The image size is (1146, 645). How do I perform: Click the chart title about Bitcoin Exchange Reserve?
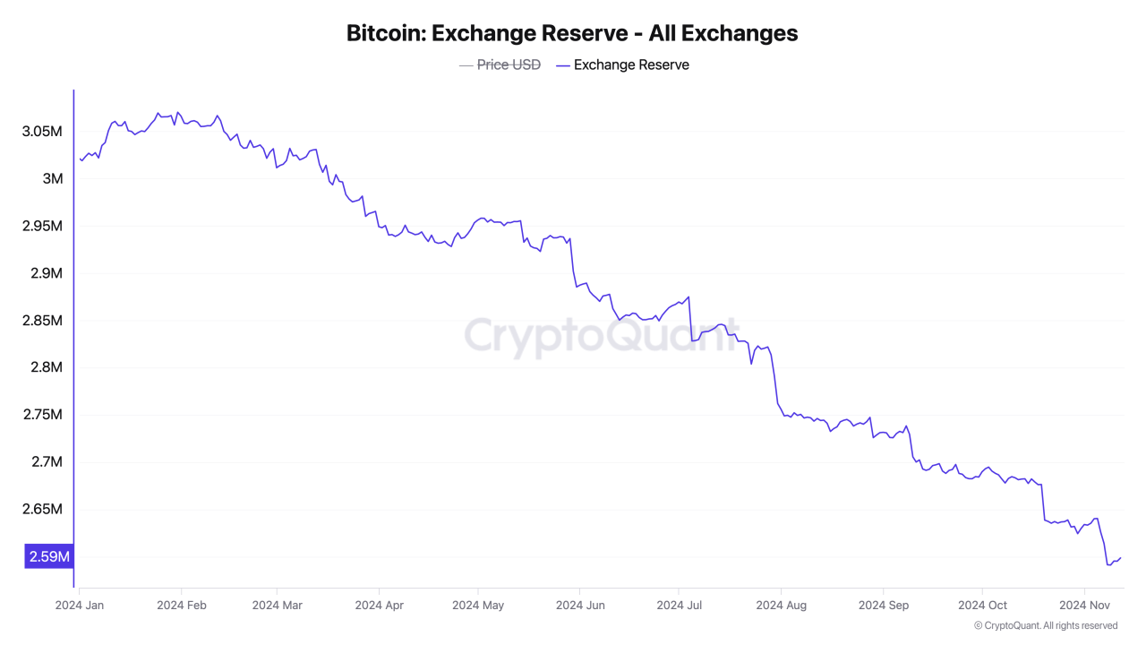point(572,33)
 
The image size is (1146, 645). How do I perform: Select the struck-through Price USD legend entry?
point(508,64)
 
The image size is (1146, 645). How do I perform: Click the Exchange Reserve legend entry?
point(630,64)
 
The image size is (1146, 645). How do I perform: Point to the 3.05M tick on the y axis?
point(42,132)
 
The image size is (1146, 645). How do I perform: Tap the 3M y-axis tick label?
point(52,179)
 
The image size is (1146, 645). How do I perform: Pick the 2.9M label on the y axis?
point(46,273)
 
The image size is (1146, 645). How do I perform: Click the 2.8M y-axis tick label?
point(46,367)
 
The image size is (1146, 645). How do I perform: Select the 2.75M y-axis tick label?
point(42,415)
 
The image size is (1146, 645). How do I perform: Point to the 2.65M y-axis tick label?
point(42,509)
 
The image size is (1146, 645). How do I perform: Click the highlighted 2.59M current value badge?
point(49,557)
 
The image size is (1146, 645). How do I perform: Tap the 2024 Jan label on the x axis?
point(79,606)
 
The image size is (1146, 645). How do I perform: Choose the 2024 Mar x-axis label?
point(278,606)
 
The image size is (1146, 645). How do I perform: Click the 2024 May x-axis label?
point(478,606)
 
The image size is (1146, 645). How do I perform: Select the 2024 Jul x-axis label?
point(679,606)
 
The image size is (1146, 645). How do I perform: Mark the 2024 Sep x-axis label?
point(883,606)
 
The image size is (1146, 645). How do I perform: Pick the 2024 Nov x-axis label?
point(1085,606)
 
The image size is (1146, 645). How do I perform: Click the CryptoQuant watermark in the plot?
point(601,337)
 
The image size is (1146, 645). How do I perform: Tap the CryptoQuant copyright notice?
point(1045,625)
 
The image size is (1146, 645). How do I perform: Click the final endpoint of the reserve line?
point(1121,557)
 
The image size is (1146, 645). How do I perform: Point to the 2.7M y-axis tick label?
point(46,462)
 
